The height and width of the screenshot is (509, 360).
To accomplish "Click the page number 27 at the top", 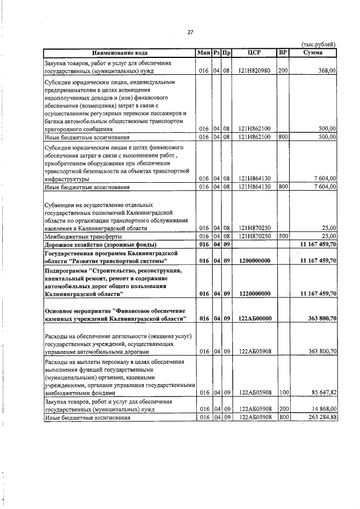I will tap(190, 32).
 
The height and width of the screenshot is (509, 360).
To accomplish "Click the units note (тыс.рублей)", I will tap(319, 44).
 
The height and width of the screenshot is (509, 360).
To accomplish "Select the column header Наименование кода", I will tap(119, 53).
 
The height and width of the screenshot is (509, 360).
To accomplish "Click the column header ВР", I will tap(283, 53).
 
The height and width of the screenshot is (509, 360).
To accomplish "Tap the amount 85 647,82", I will tap(320, 393).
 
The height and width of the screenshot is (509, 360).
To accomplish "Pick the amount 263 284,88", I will tap(318, 417).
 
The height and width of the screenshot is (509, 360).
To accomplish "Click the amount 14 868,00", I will tap(320, 410).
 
